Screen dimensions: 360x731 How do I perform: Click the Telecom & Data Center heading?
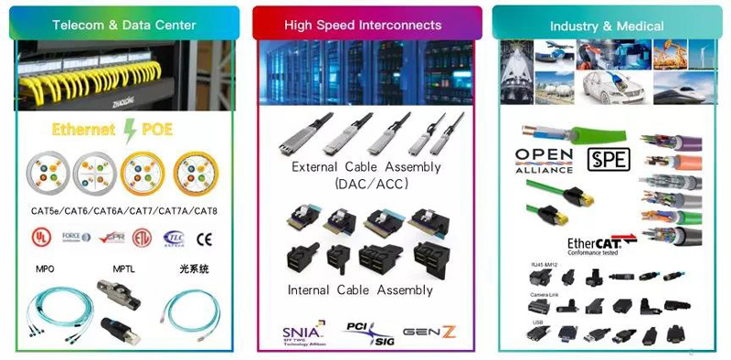(x=124, y=25)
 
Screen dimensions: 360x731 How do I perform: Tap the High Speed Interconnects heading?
(x=363, y=25)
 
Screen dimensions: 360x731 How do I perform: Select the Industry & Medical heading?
(x=607, y=26)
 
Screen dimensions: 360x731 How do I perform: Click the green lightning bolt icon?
(x=132, y=128)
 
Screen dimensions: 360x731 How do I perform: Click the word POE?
(x=157, y=129)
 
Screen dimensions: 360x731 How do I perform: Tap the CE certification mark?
(x=205, y=239)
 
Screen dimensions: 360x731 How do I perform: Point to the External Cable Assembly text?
(x=365, y=167)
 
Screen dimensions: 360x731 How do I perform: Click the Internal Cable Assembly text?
(x=360, y=290)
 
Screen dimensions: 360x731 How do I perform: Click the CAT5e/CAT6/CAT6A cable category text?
(x=124, y=211)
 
